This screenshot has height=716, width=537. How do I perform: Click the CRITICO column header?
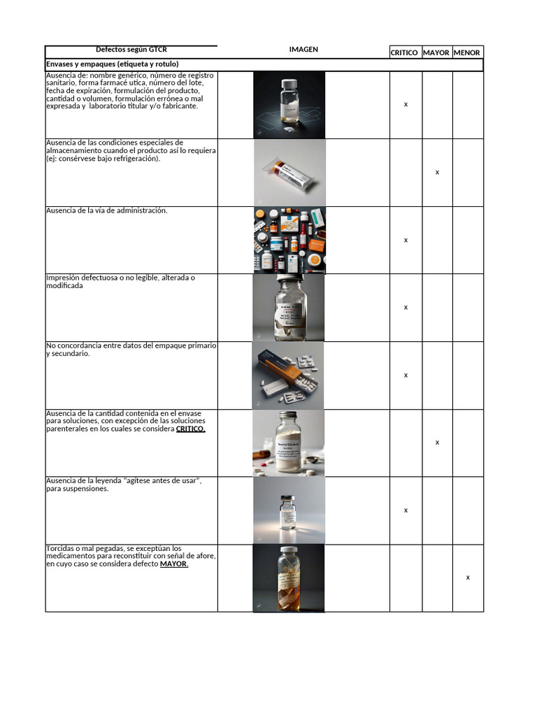[404, 52]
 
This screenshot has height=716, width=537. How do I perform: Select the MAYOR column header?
[436, 52]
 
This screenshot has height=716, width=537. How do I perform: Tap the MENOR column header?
[467, 52]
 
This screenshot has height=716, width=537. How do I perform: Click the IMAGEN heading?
[303, 50]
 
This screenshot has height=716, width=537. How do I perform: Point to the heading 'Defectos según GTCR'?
[131, 50]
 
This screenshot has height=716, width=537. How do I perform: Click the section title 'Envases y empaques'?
[112, 64]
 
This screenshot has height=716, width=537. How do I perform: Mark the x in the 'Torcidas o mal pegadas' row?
[468, 578]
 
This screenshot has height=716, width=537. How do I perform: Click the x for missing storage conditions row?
[437, 172]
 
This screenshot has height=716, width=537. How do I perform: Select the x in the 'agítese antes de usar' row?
[406, 510]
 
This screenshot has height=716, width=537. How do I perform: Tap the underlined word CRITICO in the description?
[190, 429]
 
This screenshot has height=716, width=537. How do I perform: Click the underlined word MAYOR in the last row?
[173, 564]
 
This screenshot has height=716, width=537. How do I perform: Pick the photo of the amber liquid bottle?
[289, 578]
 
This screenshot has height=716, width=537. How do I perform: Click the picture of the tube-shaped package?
[289, 173]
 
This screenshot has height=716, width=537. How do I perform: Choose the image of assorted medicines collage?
[289, 240]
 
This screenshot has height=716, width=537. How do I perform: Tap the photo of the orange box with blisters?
[289, 375]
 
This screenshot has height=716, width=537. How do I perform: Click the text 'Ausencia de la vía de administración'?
[107, 210]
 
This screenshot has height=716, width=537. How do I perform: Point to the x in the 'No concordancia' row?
[406, 375]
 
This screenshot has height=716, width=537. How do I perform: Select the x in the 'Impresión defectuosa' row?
[406, 308]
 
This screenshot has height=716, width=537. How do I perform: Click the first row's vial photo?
[289, 105]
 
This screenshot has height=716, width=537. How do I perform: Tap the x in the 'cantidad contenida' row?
[437, 443]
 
